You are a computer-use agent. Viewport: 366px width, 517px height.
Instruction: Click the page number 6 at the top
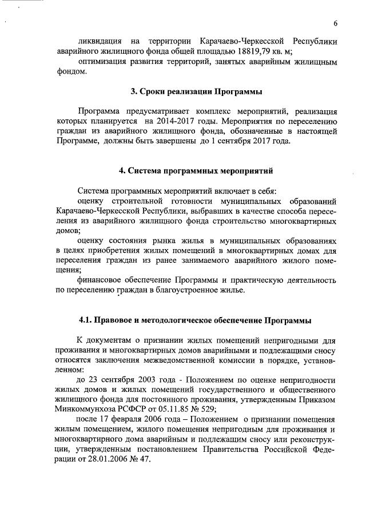point(336,23)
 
